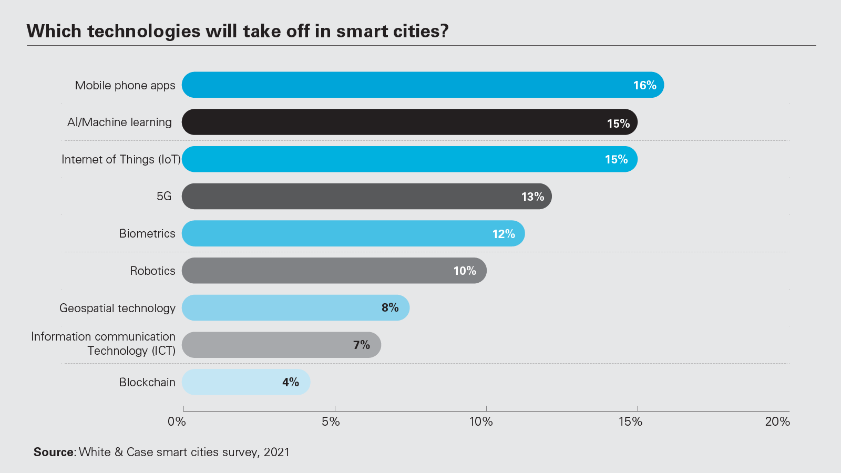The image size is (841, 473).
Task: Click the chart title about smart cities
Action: [238, 32]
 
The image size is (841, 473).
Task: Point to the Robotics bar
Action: [315, 271]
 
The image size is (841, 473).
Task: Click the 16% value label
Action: [644, 85]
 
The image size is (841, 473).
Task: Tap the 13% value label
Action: [532, 197]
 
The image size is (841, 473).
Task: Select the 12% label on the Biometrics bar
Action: [503, 234]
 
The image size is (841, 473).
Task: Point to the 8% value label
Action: [390, 307]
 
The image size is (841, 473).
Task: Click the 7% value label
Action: [361, 345]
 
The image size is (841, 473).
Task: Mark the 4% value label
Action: [290, 382]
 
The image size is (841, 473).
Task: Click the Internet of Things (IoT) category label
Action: [121, 159]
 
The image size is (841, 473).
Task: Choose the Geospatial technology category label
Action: [117, 308]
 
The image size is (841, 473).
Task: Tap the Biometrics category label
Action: [147, 233]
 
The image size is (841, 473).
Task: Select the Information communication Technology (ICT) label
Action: [104, 343]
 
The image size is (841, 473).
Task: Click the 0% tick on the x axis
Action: [177, 421]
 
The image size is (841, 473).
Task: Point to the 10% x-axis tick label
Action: [481, 421]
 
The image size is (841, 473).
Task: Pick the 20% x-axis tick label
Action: [777, 421]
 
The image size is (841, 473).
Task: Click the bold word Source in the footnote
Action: [54, 452]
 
